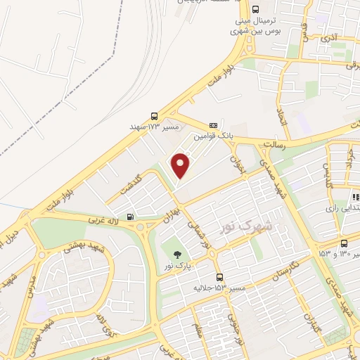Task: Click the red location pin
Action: (181, 165)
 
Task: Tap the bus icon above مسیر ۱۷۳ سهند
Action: (154, 117)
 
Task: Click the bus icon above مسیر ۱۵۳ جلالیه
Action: (220, 277)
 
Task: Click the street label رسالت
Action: (272, 143)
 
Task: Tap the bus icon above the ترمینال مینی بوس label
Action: (254, 10)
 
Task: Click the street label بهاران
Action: (173, 214)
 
